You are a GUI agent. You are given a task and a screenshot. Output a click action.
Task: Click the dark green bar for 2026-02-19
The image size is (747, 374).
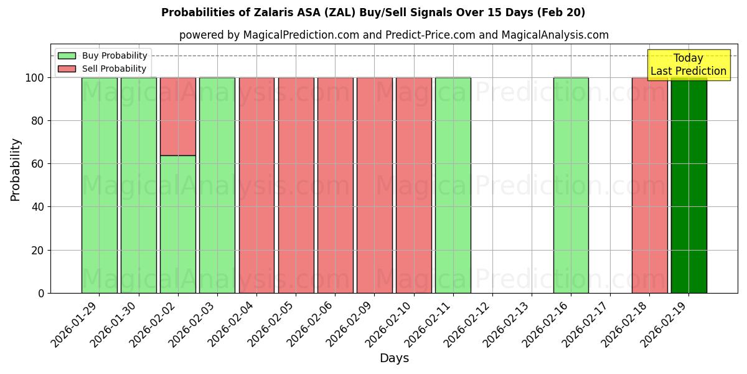coord(688,185)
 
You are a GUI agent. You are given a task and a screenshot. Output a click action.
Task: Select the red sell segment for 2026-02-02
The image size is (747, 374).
coord(178,116)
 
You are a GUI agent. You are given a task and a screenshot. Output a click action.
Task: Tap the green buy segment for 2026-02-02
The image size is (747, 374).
coord(178,224)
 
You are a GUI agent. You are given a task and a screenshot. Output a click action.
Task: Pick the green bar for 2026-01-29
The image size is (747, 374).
coord(99,185)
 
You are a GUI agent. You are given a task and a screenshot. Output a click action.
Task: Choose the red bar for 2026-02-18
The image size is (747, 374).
coord(649,185)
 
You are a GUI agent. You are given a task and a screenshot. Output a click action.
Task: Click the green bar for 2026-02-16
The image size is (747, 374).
coord(571,185)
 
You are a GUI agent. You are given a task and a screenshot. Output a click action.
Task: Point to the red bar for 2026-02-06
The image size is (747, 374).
coord(335,185)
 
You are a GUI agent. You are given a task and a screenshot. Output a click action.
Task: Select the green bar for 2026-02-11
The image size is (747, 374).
coord(453,185)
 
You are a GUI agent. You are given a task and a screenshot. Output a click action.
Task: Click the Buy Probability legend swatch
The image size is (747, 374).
coord(67,56)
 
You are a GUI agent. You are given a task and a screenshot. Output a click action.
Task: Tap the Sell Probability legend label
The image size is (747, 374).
coord(115,69)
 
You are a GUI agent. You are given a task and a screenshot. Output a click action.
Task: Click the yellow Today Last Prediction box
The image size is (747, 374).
coord(688,65)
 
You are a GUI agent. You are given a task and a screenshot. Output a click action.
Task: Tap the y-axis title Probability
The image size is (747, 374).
coord(16,169)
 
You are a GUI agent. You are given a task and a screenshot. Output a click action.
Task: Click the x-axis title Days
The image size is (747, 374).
coord(394,358)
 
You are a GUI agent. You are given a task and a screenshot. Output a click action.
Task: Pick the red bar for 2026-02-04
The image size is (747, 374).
coord(256,185)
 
